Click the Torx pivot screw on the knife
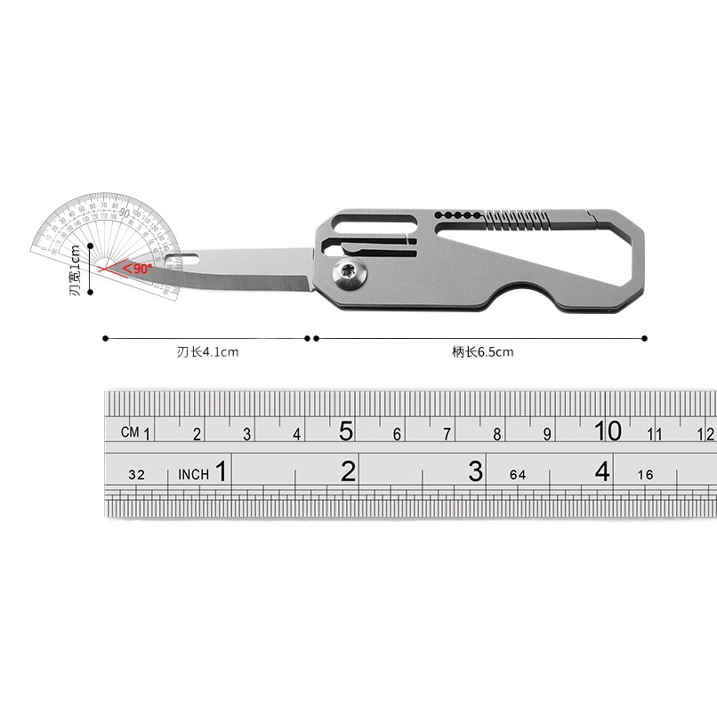coord(348,276)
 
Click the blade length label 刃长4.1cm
coord(207,352)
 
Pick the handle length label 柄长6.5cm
coord(482,352)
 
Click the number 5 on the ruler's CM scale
coord(346,431)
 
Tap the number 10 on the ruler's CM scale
coord(608,431)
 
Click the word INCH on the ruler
coord(193,474)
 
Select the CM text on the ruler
coord(130,432)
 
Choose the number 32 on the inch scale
coord(136,475)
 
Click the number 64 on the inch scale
coord(518,475)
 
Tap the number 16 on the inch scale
coord(645,475)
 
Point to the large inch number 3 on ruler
coord(475,471)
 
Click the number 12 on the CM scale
coord(705,434)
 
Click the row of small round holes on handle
coord(455,215)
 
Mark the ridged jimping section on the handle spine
coord(516,217)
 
